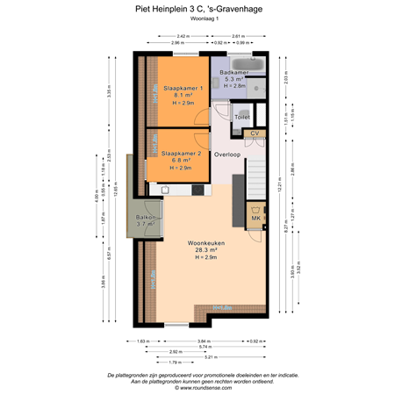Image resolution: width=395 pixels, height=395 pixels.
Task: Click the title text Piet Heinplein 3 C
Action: coord(197,11)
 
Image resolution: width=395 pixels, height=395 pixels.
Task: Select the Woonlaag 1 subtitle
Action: coord(197,22)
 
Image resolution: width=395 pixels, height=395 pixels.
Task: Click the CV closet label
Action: coord(255,133)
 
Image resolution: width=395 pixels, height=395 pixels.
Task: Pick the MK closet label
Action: coord(255,218)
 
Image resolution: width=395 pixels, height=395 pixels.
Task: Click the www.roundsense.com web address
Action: coord(197,385)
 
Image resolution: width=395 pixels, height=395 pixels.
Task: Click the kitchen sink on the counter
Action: coord(165,188)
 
